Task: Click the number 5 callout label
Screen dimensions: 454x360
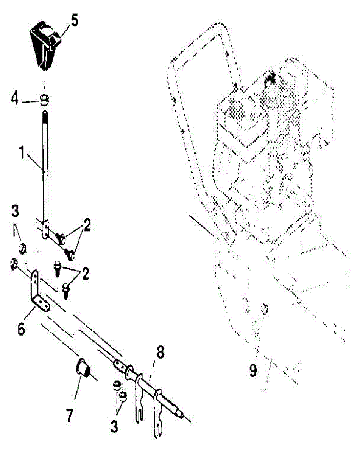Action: (x=75, y=21)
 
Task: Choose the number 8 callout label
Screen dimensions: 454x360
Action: (x=160, y=353)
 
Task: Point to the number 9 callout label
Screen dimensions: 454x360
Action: (x=252, y=370)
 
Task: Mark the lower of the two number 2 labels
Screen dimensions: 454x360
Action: (x=86, y=275)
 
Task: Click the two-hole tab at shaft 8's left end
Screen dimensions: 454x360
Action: (x=120, y=366)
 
